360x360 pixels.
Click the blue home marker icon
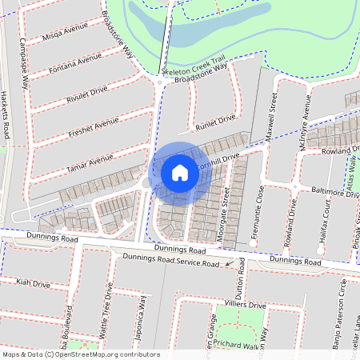[180, 172]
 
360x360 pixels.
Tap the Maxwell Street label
[272, 111]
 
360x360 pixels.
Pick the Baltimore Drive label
[335, 194]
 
